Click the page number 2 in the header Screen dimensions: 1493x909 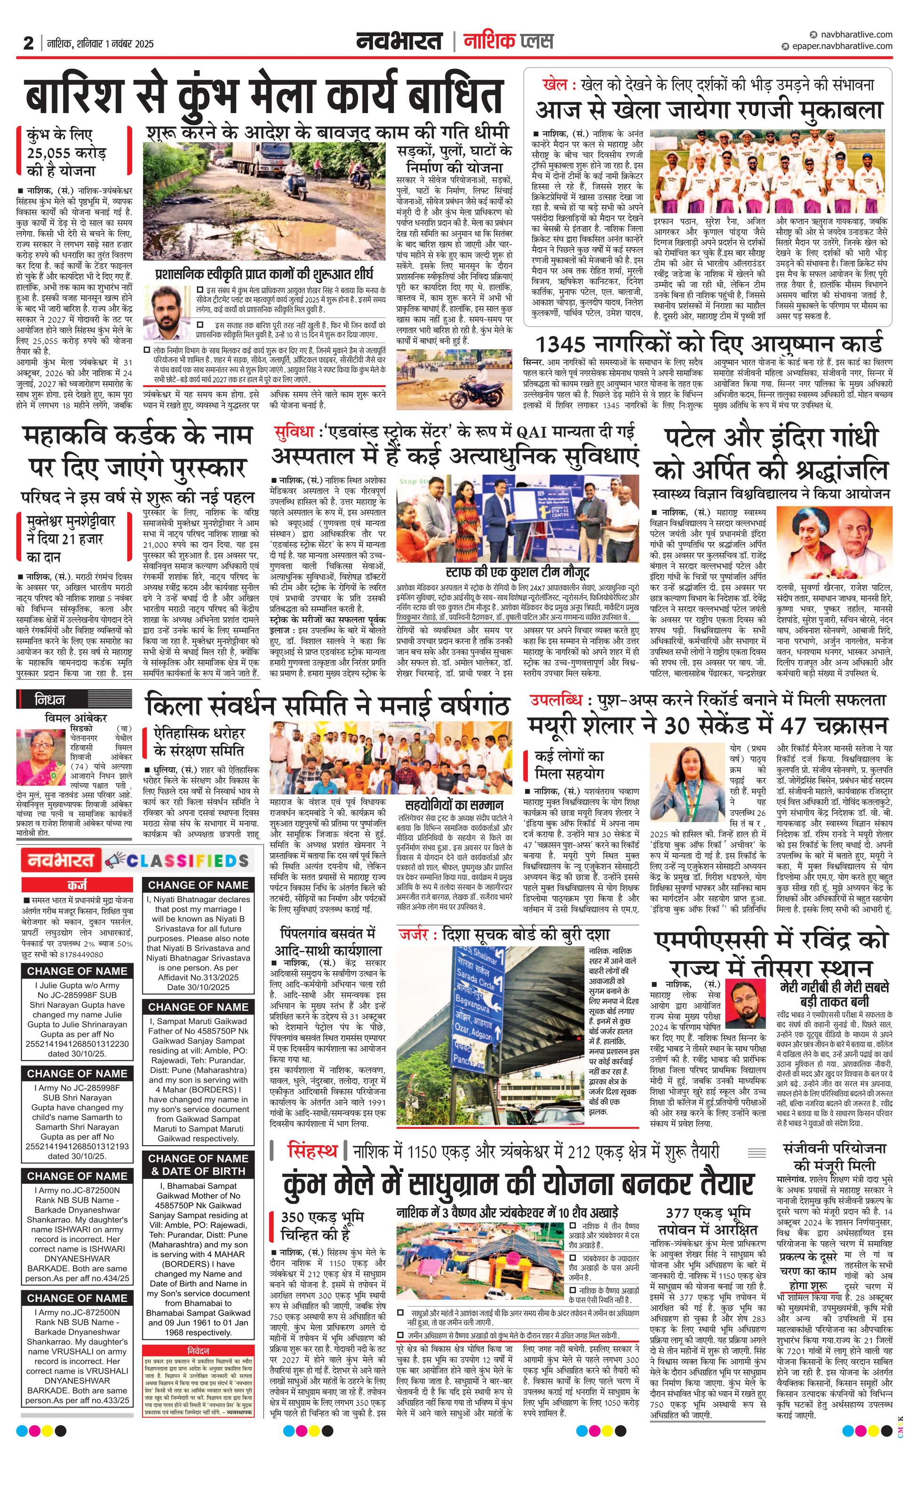pyautogui.click(x=28, y=43)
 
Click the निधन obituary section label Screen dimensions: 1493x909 pyautogui.click(x=50, y=700)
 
